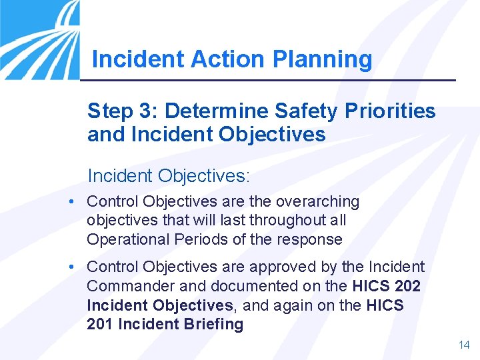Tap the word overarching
[317, 201]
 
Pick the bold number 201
[99, 325]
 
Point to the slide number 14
[464, 345]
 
